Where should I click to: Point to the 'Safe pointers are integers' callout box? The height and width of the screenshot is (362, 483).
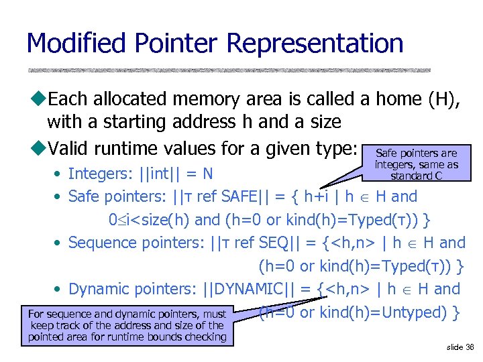(417, 164)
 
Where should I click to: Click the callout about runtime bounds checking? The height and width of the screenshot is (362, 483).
(127, 325)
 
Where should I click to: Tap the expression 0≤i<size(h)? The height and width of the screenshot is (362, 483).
(150, 220)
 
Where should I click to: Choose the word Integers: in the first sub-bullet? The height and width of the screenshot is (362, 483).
(100, 174)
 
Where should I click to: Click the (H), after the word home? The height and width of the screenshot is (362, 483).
(443, 99)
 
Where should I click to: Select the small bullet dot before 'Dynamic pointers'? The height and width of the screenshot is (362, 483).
(60, 290)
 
